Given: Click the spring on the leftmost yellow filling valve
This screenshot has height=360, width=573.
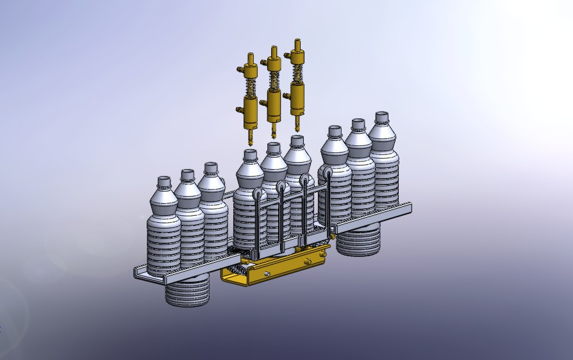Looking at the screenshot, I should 250,84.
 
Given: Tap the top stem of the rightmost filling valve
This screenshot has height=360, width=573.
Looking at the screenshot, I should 296,46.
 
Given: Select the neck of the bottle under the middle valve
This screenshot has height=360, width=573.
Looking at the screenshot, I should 274,149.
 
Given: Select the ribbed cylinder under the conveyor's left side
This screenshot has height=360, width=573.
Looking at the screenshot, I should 187,291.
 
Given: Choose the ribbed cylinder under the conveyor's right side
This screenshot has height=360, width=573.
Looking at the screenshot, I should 359,240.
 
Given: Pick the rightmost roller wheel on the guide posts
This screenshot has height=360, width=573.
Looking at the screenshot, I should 327,173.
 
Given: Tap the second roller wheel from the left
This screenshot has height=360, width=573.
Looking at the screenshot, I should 281,187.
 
